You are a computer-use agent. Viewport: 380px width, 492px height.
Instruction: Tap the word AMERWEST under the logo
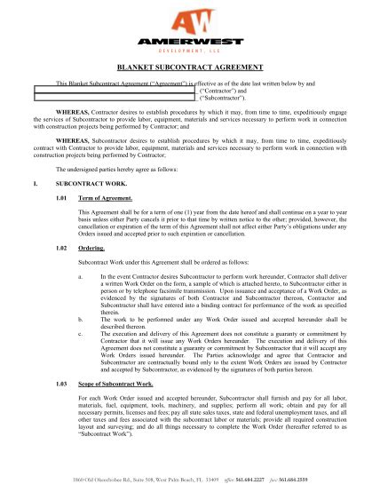coord(189,43)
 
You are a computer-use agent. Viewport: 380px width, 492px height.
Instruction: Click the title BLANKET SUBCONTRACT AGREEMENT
coord(189,67)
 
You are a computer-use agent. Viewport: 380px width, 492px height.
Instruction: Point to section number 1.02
coord(61,249)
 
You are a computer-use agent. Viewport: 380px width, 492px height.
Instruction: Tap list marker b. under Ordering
coord(81,315)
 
